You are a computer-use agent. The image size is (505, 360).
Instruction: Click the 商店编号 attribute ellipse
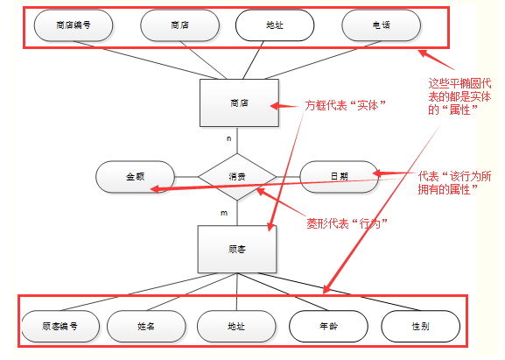tap(73, 25)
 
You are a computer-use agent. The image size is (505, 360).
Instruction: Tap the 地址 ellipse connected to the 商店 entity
tap(274, 25)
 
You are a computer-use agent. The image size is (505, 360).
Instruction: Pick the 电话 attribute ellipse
tap(381, 25)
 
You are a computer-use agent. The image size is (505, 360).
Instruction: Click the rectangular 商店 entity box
tap(239, 103)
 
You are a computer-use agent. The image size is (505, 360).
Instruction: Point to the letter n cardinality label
tap(230, 138)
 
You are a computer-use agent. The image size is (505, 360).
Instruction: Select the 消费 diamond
tap(237, 176)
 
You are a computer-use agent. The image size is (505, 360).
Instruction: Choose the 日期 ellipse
tap(339, 176)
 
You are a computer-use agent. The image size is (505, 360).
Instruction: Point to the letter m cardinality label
tap(224, 214)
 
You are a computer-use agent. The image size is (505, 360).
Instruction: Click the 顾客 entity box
tap(236, 249)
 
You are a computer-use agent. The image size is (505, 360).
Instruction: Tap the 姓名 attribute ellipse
tap(146, 326)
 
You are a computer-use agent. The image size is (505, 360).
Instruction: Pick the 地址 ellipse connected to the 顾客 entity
tap(235, 326)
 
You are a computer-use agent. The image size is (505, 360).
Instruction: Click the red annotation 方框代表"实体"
tap(347, 104)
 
